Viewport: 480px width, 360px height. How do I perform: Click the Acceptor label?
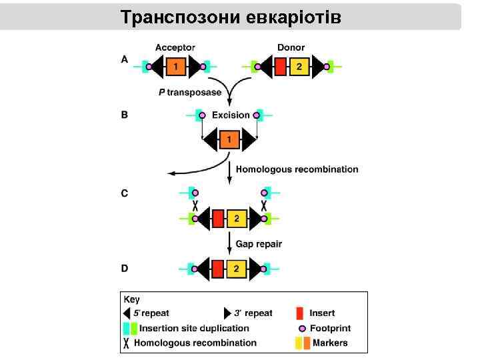point(175,47)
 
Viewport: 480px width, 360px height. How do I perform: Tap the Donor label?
point(291,47)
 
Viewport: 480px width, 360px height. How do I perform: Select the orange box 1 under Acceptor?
point(175,67)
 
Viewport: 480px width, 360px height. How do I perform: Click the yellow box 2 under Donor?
point(299,67)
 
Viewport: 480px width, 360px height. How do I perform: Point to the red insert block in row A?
point(281,67)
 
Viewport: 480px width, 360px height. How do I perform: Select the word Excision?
point(231,115)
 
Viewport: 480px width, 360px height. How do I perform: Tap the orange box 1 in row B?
point(229,140)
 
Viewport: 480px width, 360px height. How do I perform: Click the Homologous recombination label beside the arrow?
point(297,169)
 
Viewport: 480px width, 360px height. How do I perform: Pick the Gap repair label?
point(259,243)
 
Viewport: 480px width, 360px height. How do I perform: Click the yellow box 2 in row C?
point(236,218)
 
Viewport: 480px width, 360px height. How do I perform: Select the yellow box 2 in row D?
point(236,269)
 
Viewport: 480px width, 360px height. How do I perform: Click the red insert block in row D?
point(217,269)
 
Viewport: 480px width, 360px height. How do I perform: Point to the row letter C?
point(125,193)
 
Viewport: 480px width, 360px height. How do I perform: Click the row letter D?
point(125,268)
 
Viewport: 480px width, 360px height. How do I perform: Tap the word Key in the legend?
point(131,300)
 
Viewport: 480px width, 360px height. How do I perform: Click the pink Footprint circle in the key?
point(302,329)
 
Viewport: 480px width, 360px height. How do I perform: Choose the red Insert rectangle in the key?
point(299,313)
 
